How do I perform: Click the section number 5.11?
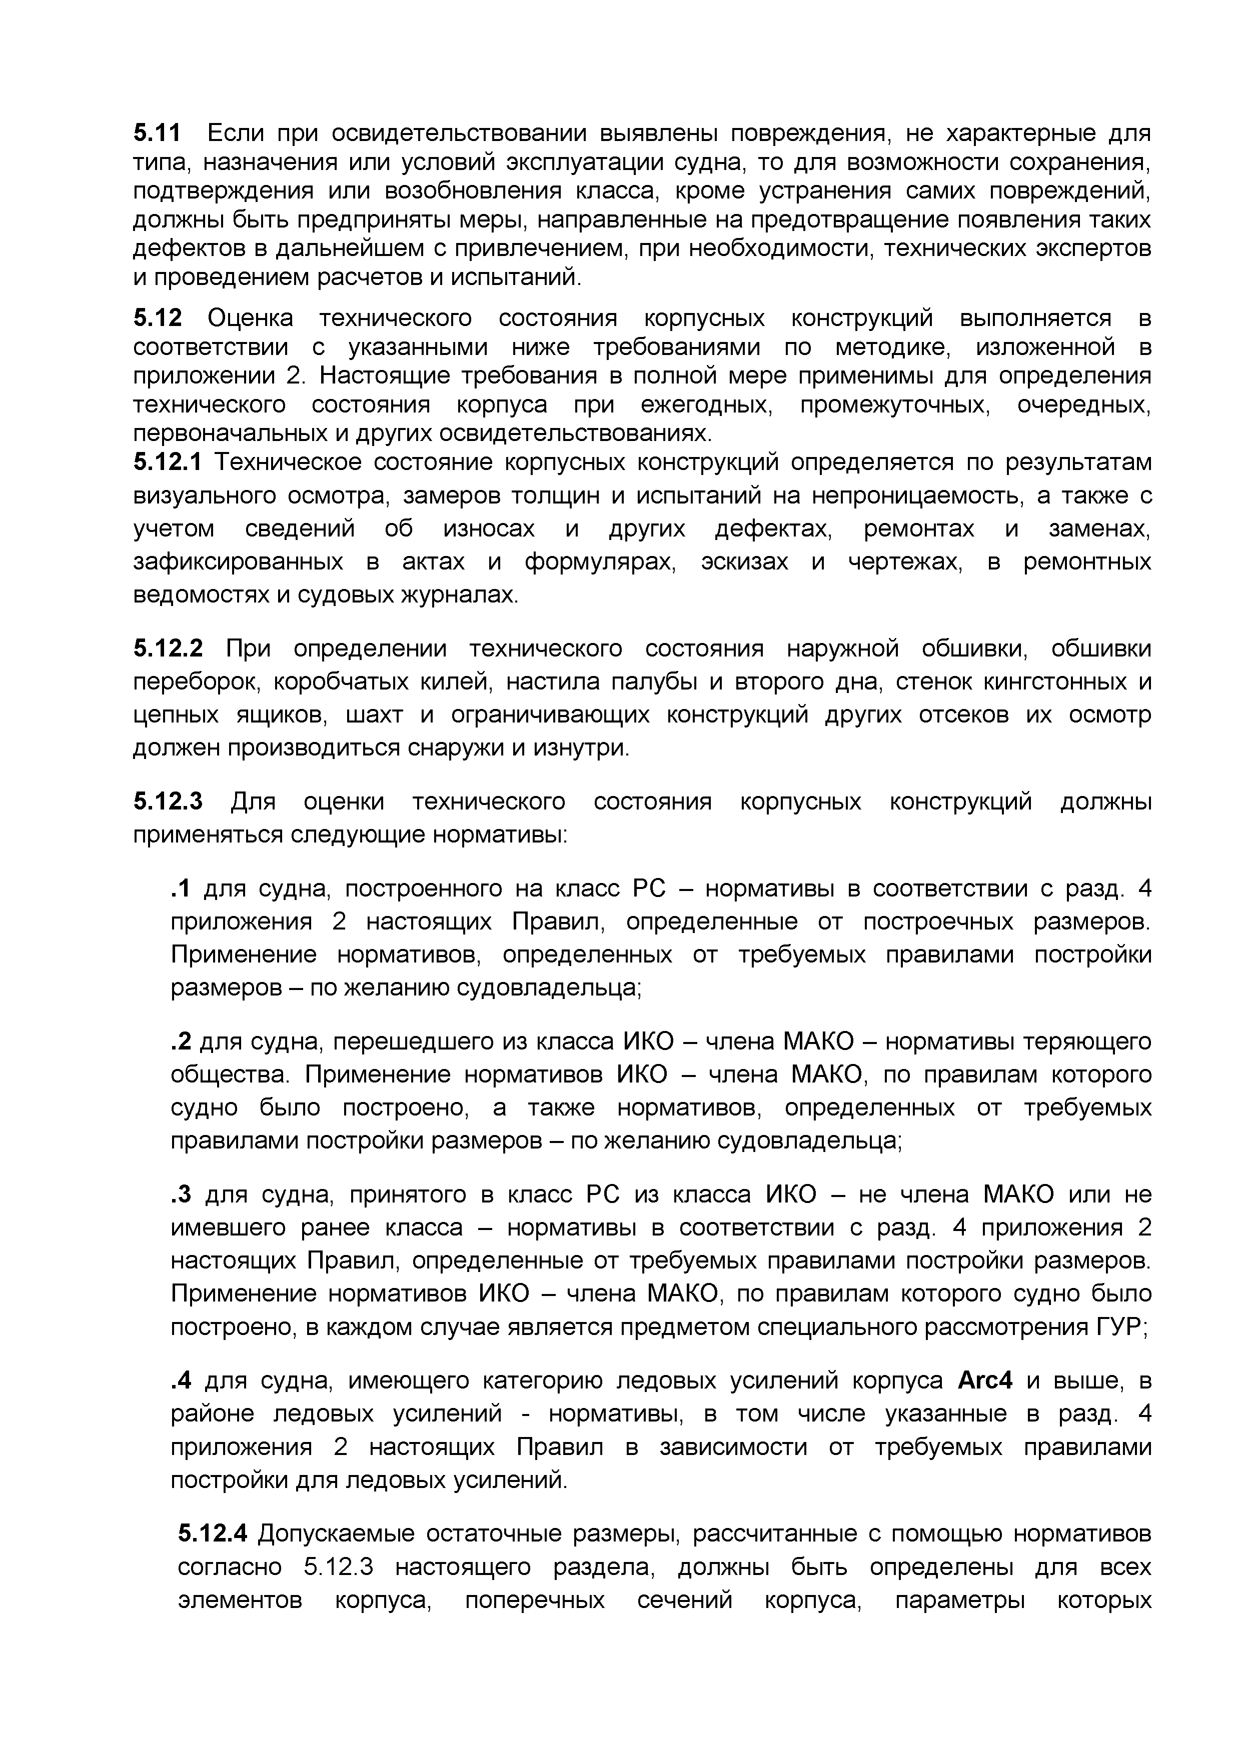[x=158, y=133]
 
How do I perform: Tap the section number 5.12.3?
[x=168, y=801]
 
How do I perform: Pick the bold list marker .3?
[x=181, y=1194]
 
